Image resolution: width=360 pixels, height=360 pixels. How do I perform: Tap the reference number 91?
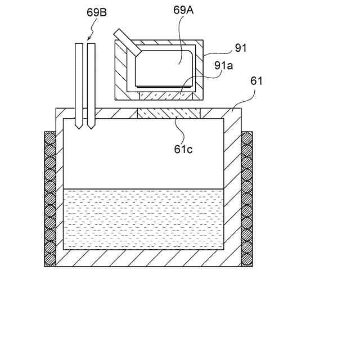tap(241, 48)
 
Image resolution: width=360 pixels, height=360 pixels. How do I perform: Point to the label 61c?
tap(183, 150)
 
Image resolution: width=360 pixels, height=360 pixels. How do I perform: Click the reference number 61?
tap(256, 81)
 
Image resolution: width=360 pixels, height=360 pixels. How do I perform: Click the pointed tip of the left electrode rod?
tap(79, 128)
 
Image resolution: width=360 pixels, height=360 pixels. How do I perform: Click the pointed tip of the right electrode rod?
tap(90, 128)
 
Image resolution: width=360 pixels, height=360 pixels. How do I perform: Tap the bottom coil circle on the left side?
tap(50, 260)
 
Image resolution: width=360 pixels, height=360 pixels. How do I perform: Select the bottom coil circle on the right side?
tap(247, 260)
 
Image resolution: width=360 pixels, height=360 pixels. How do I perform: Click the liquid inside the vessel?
tap(143, 219)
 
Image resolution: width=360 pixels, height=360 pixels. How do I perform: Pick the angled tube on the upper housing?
tap(127, 43)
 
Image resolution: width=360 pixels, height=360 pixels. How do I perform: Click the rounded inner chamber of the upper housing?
tap(166, 67)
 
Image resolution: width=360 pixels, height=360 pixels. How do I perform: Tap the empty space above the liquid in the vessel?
tap(143, 157)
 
